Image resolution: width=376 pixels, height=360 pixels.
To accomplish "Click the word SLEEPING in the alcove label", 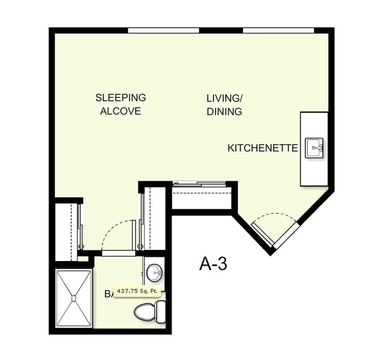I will tap(120, 97).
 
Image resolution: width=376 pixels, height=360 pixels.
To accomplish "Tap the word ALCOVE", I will tap(120, 111).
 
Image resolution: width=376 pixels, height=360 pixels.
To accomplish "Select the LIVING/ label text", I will tap(224, 97).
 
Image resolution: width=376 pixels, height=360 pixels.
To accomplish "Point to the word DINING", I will tap(224, 112).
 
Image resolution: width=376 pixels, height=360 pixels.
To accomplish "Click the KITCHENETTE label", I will tap(263, 148).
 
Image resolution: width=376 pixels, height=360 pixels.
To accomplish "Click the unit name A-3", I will tap(213, 264).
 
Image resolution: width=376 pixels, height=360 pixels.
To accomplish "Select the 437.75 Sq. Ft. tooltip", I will tap(137, 291).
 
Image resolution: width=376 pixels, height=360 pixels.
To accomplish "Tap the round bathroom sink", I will tap(154, 271).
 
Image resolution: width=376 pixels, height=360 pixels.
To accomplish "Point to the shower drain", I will tap(73, 298).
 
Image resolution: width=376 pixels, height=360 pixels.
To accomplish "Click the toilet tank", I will tap(160, 312).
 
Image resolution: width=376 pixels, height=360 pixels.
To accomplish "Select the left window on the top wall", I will tap(163, 30).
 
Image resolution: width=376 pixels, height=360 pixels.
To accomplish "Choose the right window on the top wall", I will tap(278, 30).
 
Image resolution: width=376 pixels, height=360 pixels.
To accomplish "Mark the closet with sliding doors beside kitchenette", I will tap(202, 197).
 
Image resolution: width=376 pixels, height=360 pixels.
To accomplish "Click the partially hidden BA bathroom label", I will tap(108, 294).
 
